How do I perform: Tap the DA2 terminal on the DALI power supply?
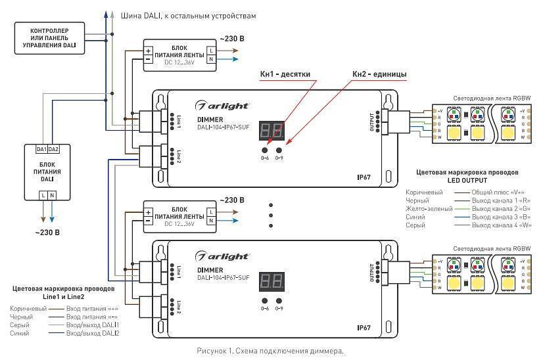[x=53, y=150]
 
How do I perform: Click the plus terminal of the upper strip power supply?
[x=149, y=49]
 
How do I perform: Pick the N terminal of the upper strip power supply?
[x=210, y=60]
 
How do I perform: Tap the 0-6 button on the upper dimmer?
[x=264, y=149]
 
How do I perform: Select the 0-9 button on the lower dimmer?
[x=279, y=300]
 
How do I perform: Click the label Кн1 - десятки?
[x=285, y=74]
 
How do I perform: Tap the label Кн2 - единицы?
[x=379, y=74]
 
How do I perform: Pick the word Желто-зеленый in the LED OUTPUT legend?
[x=429, y=208]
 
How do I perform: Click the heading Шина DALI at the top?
[x=189, y=14]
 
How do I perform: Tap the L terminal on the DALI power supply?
[x=43, y=194]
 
